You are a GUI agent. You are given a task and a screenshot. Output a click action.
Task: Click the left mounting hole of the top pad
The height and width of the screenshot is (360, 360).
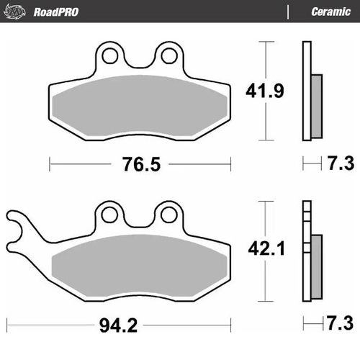pos(110,54)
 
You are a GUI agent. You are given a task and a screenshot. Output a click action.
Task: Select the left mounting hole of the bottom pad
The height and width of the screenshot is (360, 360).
pos(110,213)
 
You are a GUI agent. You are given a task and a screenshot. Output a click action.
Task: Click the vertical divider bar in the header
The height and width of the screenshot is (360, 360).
pos(287,11)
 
